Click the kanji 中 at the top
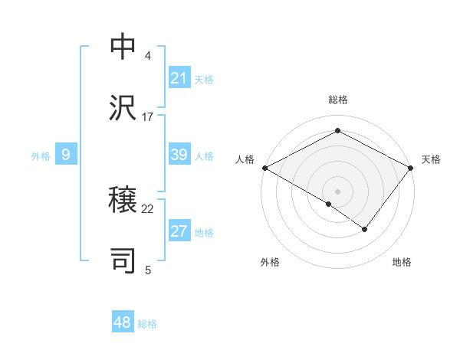[123, 47]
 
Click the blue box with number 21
[179, 78]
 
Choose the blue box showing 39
[179, 155]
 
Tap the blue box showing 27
[179, 232]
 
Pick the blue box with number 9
[66, 155]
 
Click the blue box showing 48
[123, 322]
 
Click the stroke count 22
[148, 208]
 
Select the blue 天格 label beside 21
[204, 79]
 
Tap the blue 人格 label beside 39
[204, 156]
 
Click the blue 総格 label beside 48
[147, 324]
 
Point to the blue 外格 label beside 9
[41, 156]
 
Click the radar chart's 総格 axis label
[337, 100]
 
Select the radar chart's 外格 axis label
[270, 262]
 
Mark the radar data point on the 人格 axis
[264, 168]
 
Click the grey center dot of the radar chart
[337, 191]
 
